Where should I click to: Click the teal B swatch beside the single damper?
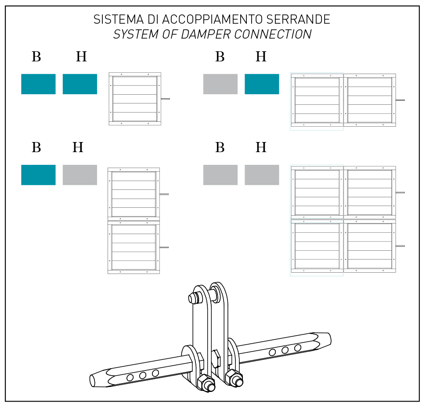coord(38,84)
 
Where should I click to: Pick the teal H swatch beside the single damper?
coord(80,84)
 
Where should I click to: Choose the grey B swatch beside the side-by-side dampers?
coord(220,84)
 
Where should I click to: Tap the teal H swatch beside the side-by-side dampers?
coord(262,84)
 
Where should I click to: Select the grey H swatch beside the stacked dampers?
coord(80,175)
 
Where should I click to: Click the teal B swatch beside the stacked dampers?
coord(38,175)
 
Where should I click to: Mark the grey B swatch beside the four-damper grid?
coord(220,175)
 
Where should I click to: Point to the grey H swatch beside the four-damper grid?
coord(262,175)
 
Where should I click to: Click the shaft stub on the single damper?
coord(166,99)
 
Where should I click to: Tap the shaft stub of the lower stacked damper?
coord(164,247)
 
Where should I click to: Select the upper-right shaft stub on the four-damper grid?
coord(400,192)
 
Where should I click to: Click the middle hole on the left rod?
coord(143,375)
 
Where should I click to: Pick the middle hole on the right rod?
coord(285,350)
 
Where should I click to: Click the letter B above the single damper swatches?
coord(36,57)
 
